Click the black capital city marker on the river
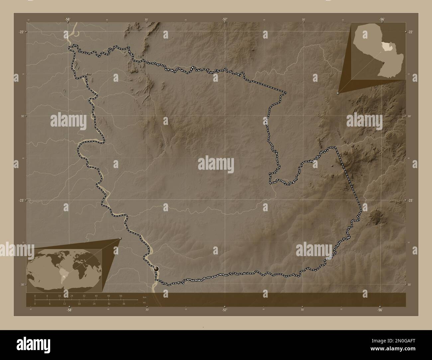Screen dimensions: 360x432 point(156,268)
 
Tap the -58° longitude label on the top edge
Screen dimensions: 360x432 point(68,20)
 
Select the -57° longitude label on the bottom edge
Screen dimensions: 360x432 point(225,310)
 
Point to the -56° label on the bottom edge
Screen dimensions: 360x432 point(380,310)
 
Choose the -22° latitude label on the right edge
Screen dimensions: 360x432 point(410,32)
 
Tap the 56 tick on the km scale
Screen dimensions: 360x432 point(121,296)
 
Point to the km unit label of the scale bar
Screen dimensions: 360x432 point(144,297)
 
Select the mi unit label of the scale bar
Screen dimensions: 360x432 point(144,302)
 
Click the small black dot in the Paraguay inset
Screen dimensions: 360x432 point(382,62)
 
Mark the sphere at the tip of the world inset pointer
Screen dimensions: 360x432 point(120,238)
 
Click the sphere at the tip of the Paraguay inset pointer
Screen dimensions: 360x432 point(338,93)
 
